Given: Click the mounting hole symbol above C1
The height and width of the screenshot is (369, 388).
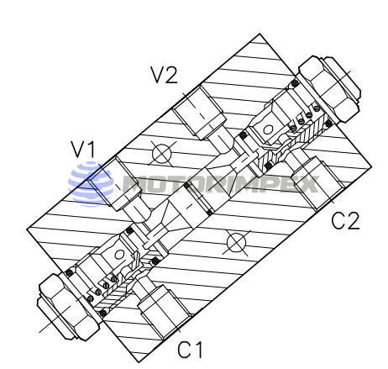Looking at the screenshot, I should click(x=237, y=242).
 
